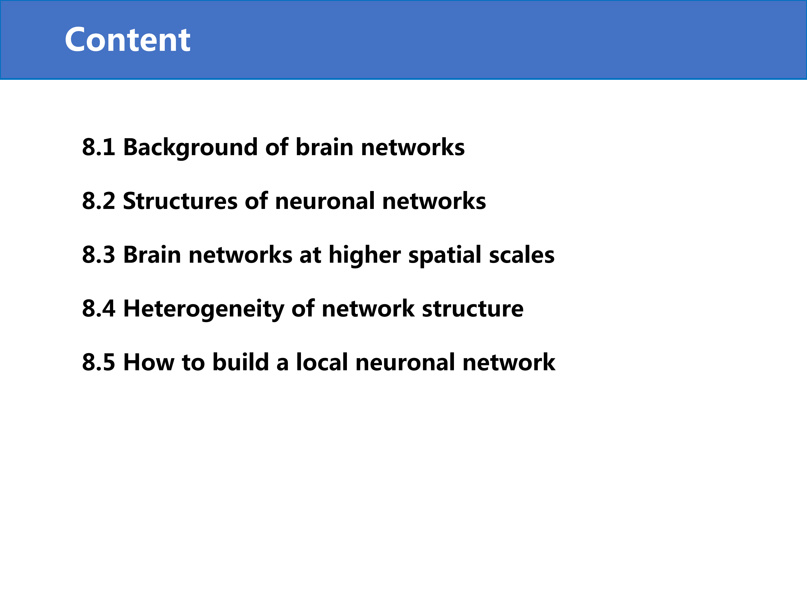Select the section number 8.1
[x=99, y=147]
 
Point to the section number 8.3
[x=99, y=255]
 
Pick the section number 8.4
[x=99, y=308]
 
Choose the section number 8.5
[x=99, y=362]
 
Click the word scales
[x=522, y=255]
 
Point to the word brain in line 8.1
[x=324, y=147]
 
